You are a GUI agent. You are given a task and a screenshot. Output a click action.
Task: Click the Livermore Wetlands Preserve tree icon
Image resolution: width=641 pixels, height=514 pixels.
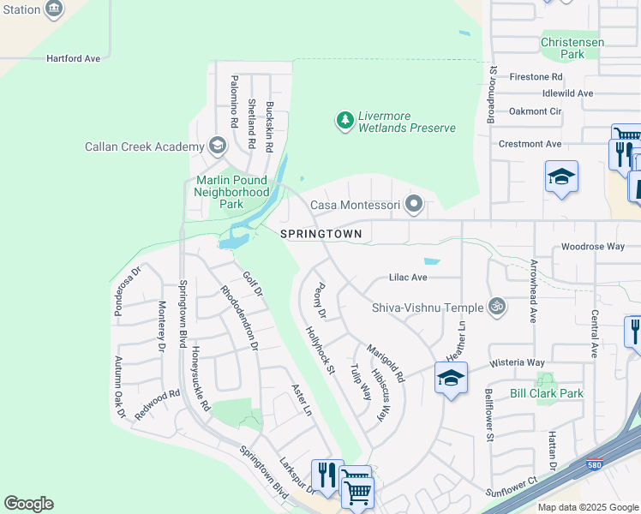[345, 120]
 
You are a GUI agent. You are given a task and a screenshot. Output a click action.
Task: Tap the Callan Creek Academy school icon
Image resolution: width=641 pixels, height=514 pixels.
[217, 146]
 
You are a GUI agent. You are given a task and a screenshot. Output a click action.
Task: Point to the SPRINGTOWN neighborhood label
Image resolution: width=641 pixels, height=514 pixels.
[321, 234]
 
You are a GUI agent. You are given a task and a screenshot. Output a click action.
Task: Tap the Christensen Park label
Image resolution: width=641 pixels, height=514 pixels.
[572, 48]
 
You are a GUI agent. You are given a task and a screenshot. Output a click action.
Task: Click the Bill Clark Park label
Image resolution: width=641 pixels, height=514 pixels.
[546, 393]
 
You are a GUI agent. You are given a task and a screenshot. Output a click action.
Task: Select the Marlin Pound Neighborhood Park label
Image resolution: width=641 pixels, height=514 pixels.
[232, 192]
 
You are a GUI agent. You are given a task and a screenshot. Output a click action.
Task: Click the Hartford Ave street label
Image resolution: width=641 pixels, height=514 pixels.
[75, 58]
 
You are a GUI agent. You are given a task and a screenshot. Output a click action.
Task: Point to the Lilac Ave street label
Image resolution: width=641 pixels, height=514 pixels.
[407, 278]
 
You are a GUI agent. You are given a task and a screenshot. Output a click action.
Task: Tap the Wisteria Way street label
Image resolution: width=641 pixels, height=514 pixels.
[517, 363]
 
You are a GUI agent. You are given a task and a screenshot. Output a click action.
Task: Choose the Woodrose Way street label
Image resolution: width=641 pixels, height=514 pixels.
[593, 247]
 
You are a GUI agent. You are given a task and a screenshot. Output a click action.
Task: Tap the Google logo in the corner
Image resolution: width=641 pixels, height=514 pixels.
[28, 504]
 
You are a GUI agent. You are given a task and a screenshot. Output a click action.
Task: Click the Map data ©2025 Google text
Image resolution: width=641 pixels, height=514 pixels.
[588, 507]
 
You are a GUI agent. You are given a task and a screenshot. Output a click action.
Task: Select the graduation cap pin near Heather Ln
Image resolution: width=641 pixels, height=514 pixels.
[451, 377]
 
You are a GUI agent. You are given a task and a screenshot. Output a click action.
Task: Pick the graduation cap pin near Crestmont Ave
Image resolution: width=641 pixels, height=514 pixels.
[561, 176]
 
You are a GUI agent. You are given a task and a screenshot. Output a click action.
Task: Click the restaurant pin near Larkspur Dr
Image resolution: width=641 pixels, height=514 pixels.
[326, 473]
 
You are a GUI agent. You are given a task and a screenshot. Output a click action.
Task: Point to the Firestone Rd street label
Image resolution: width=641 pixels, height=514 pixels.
[536, 77]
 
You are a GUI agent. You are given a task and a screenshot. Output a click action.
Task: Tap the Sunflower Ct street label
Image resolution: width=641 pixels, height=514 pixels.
[511, 485]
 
